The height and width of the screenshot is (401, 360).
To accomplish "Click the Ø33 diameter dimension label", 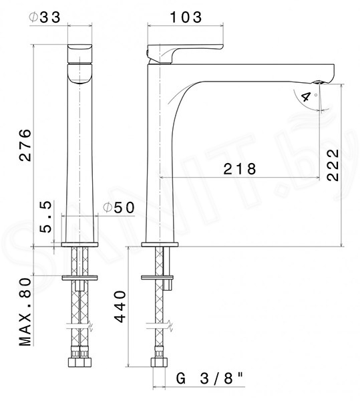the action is tap(45, 17).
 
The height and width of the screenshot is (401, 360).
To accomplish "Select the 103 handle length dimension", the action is tap(186, 17).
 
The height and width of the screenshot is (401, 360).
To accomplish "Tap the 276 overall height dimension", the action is tap(25, 145).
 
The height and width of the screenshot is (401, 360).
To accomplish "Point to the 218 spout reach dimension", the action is tap(240, 169).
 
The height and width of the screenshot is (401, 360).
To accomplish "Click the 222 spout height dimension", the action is tap(333, 165).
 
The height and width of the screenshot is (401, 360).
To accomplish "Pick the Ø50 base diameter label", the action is tap(118, 207).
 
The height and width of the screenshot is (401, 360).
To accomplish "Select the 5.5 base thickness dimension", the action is tap(46, 217).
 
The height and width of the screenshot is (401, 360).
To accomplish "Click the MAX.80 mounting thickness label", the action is tap(25, 312).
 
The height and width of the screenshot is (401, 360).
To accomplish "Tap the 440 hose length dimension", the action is tap(120, 306).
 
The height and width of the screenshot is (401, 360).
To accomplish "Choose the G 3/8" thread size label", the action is tap(210, 378).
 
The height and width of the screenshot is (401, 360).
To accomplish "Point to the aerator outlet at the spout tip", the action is tap(317, 82).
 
